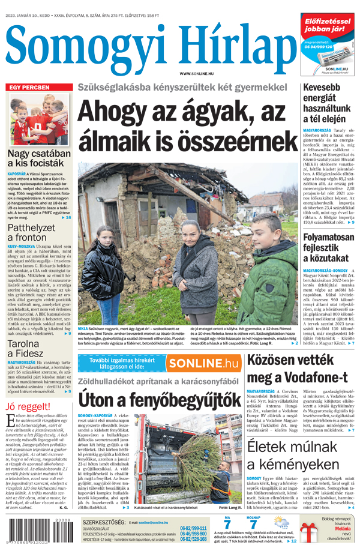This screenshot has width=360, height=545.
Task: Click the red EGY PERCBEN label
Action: tap(28, 88)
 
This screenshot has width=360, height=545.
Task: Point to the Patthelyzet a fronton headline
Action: tap(31, 233)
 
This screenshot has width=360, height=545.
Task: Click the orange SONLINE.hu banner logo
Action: tap(203, 363)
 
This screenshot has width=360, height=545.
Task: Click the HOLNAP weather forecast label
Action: tap(253, 517)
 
